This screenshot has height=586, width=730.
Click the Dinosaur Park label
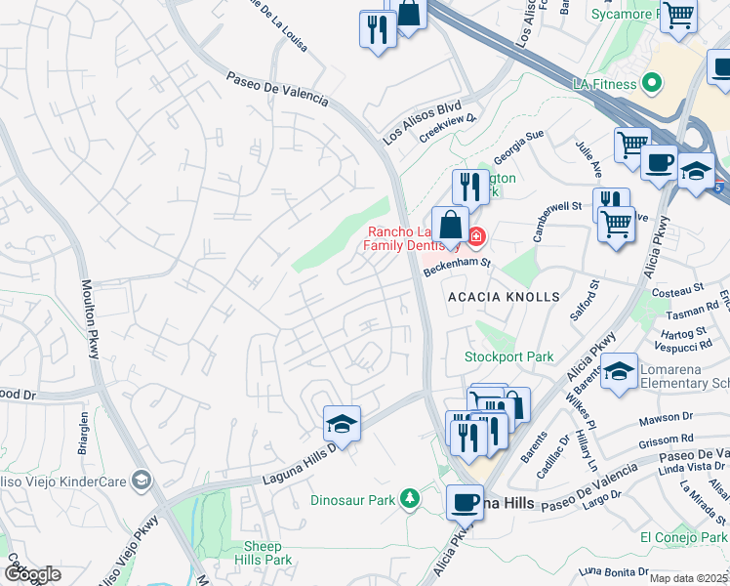click(352, 500)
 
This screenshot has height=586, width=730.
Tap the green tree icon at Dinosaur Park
click(411, 499)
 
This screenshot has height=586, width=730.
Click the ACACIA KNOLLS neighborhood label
click(503, 296)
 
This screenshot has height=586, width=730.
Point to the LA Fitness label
click(603, 85)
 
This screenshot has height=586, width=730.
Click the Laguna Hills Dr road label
click(300, 462)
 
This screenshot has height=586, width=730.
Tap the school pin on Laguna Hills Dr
click(342, 424)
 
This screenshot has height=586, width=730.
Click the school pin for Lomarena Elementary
click(619, 372)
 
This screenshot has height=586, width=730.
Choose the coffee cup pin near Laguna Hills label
click(465, 502)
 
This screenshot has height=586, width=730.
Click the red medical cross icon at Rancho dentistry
click(475, 236)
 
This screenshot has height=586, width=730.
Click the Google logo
click(32, 574)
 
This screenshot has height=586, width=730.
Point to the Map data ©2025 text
click(688, 578)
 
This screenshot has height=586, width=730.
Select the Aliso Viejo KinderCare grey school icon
click(142, 480)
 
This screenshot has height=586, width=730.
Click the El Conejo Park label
click(683, 538)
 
